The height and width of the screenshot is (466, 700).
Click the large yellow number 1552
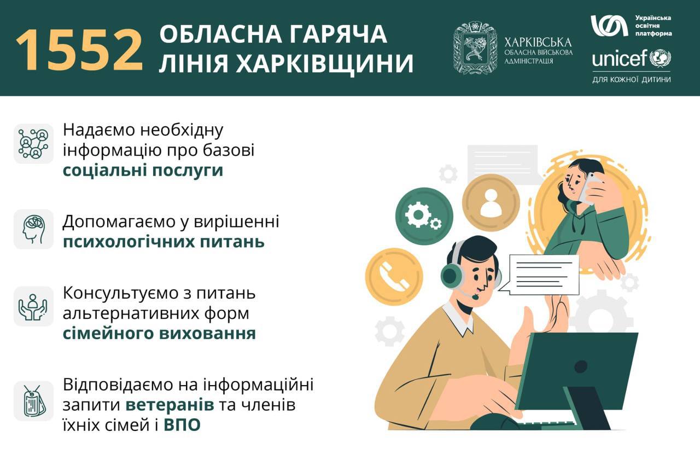pos(79,50)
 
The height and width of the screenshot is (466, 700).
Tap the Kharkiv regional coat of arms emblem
pos(475,48)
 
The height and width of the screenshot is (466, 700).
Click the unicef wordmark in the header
pos(620,58)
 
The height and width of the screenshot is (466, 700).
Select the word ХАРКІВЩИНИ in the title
pos(324,63)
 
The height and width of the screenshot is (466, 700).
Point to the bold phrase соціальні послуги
pos(143,170)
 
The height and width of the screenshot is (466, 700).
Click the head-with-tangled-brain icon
pos(33,229)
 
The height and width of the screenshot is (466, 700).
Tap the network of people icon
pos(33,143)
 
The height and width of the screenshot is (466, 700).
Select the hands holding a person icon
pos(33,307)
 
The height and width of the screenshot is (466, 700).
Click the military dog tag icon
pos(34,401)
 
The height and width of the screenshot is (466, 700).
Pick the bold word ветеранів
pos(170,405)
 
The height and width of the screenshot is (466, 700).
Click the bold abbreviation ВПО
pos(182,425)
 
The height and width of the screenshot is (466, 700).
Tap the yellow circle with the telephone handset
pos(394,277)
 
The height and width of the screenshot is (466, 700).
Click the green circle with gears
pos(424,216)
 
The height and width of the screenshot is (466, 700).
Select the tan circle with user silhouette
pos(491,202)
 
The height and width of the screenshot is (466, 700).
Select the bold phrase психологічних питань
pos(164,242)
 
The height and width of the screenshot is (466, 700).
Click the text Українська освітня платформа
pos(653,26)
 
